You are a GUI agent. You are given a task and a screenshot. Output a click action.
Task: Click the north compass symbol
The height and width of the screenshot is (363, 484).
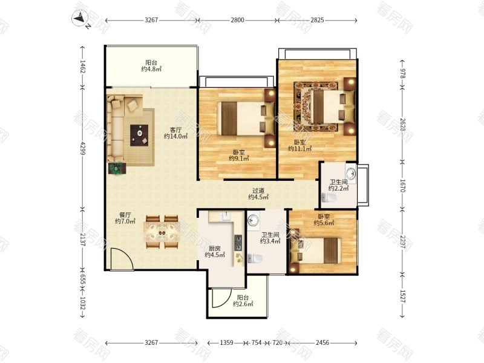80,18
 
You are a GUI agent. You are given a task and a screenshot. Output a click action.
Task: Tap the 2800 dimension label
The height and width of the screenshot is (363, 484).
237,20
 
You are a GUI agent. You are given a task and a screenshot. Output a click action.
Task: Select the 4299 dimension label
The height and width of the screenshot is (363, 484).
82,148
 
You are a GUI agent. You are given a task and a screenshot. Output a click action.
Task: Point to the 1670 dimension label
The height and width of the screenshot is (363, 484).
402,185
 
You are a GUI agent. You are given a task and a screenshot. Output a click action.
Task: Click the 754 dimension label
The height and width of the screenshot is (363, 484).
256,342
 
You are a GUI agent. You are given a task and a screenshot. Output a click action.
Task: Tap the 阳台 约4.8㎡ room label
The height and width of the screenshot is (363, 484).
151,66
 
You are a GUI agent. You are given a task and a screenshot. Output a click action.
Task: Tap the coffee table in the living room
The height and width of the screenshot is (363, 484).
139,135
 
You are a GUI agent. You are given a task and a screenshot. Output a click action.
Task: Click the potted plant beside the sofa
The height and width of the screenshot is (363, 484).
117,169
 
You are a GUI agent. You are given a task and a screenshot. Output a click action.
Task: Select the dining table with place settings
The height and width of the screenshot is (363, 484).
162,232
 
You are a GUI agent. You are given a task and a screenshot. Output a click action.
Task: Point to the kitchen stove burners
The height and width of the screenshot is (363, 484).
238,243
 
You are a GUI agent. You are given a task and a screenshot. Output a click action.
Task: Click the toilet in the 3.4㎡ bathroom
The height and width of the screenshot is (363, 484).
255,258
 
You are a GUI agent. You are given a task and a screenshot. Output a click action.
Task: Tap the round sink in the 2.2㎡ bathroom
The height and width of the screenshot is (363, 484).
351,174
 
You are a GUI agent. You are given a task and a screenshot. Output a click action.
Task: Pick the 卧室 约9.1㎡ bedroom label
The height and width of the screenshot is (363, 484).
238,155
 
